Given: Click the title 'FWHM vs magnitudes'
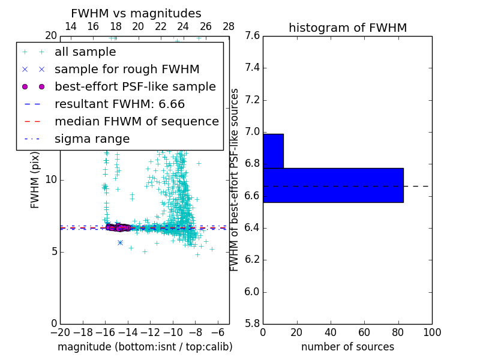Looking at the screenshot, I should tap(136, 13).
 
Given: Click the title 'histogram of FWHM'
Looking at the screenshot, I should tap(347, 28).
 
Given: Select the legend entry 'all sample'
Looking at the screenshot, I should tap(85, 52).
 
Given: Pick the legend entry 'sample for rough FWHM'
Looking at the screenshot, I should tap(127, 70).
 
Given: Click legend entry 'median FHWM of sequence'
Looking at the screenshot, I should tap(136, 122).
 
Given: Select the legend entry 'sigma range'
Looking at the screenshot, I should tap(92, 139).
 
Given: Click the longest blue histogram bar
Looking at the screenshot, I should tap(333, 185).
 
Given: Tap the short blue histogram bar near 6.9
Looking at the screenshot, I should tap(273, 151).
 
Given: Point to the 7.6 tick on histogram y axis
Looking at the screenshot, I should tap(251, 36).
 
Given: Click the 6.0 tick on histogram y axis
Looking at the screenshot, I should tap(251, 292).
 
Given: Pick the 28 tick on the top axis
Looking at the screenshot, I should tap(229, 26).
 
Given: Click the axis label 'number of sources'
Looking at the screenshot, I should tap(347, 347).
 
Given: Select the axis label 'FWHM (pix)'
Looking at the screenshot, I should tap(35, 179).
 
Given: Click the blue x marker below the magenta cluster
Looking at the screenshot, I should tap(120, 242).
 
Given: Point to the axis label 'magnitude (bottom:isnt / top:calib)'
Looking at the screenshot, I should tap(145, 347).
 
